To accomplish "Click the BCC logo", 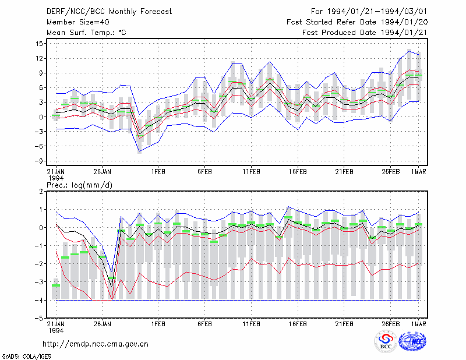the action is pos(386,341).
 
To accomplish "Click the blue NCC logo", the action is pos(412,341).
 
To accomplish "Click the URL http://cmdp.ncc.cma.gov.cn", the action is pos(96,344).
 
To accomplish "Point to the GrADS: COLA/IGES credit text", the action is pos(26,357).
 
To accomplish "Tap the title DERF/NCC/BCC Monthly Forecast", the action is pos(109,12).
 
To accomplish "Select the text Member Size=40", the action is pos(78,22).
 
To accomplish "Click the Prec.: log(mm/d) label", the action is pos(79,185).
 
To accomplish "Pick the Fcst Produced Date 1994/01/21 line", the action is pos(365,33).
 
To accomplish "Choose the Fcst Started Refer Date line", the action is pos(357,22).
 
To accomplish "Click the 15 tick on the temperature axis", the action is pos(39,44).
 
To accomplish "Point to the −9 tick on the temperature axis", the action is pos(38,161).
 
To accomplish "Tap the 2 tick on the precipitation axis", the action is pos(41,192).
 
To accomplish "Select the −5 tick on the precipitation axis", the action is pos(39,318).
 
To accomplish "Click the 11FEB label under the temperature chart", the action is pos(251,172).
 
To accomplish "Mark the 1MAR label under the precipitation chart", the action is pos(419,324).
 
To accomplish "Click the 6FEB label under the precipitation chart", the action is pos(204,324).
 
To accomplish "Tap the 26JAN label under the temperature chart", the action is pos(103,172).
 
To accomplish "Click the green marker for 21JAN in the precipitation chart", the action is pos(56,285).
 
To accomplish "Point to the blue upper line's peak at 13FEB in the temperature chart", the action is pos(270,62).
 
